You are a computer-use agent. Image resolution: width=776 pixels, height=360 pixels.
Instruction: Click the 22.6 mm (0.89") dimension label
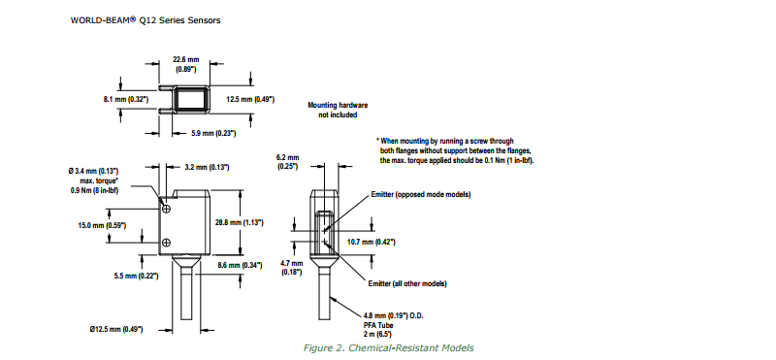186,64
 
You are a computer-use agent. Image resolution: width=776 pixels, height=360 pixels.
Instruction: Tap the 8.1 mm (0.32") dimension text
126,100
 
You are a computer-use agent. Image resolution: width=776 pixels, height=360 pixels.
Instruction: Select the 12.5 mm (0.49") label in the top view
250,100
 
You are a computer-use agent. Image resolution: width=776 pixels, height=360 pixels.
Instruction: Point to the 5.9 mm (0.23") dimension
212,133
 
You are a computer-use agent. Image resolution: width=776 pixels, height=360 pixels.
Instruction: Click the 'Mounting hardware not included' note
338,110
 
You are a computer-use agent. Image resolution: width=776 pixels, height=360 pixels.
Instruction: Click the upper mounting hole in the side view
167,207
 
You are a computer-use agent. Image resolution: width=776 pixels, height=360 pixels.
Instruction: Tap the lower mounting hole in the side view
167,243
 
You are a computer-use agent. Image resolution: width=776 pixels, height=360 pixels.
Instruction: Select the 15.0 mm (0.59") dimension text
102,225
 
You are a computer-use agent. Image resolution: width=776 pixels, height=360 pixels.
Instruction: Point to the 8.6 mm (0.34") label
240,266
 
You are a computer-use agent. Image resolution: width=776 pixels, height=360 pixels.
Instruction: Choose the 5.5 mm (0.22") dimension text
136,276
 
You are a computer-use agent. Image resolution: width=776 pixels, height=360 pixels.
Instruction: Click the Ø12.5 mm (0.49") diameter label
116,329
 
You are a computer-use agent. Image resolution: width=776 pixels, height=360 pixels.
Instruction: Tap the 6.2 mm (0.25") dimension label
287,162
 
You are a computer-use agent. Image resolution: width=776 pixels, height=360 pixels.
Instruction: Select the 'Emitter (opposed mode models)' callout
421,195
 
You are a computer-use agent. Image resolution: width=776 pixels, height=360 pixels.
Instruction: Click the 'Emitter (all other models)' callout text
407,284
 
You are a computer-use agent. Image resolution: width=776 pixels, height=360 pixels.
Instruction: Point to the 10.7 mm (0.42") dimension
372,242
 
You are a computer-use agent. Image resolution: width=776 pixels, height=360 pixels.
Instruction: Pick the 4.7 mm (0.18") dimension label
291,268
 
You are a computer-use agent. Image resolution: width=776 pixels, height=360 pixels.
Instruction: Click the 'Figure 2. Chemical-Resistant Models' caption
389,347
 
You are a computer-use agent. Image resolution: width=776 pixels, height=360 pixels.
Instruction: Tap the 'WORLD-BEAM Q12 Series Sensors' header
145,20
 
